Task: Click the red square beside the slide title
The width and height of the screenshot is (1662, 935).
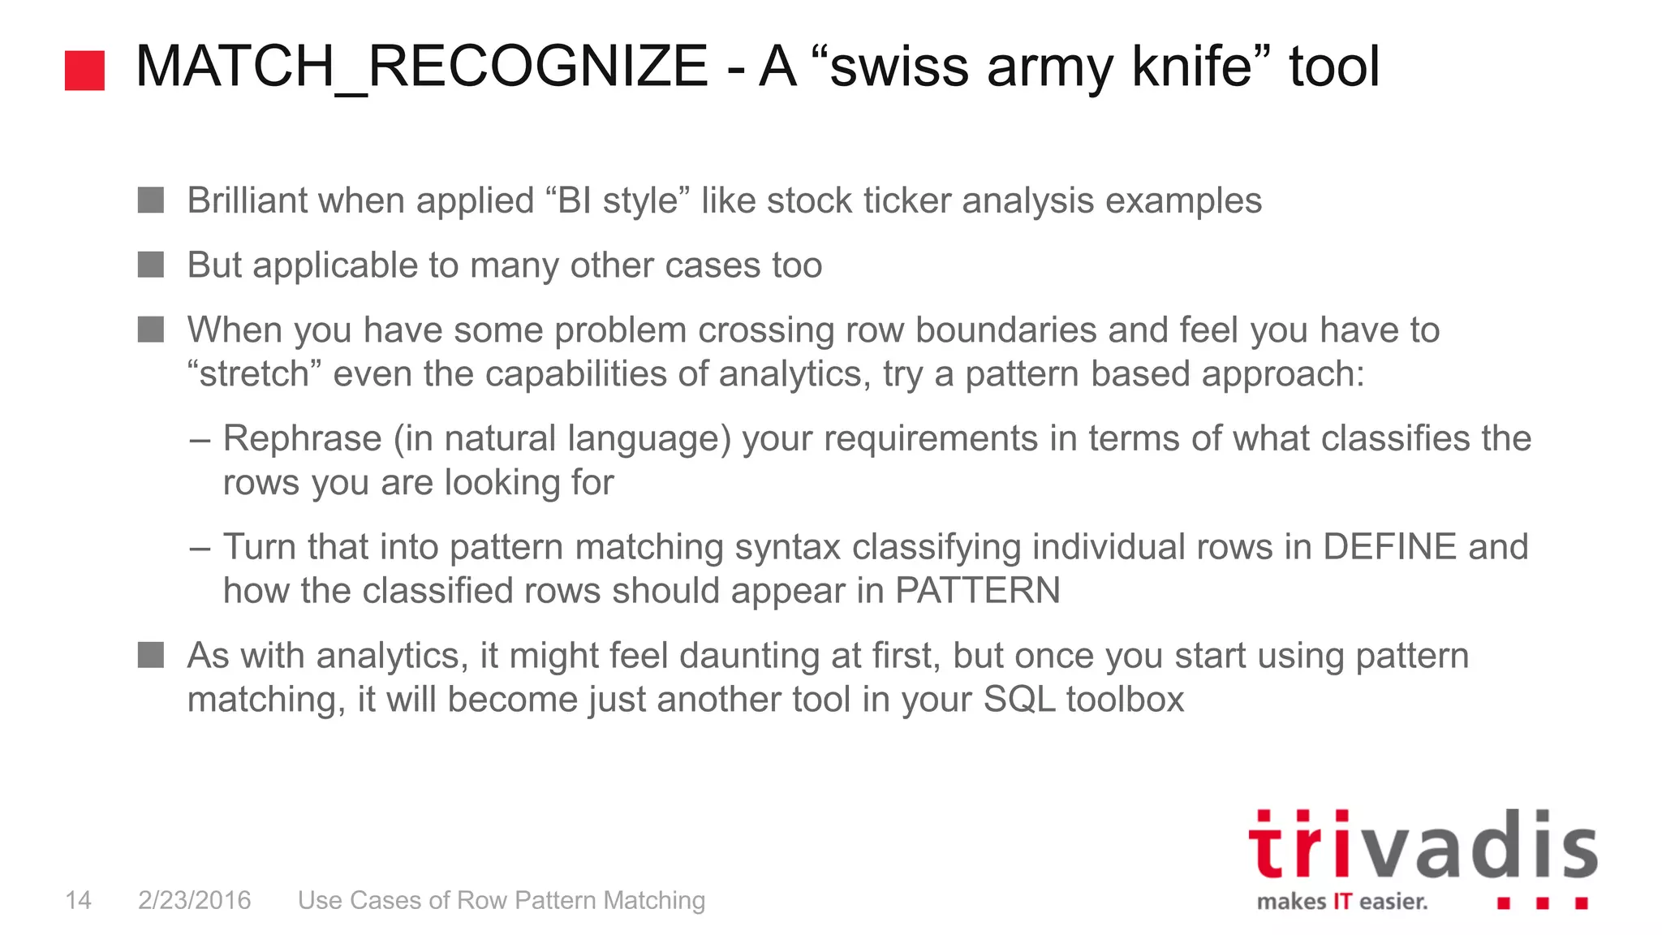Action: [84, 70]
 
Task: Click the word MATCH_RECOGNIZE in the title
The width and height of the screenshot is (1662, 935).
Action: [421, 67]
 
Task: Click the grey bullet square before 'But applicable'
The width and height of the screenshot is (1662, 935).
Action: [151, 265]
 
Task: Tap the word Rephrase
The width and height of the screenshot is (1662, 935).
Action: [302, 439]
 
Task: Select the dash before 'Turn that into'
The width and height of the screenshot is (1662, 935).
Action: [200, 548]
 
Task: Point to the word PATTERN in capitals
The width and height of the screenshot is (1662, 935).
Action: [977, 591]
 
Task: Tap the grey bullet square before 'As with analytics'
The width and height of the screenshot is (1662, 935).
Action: [151, 655]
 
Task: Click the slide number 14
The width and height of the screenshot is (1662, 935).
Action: [78, 900]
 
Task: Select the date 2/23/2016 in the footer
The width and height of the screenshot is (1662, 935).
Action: [195, 900]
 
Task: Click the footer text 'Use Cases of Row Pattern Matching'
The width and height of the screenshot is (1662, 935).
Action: [502, 900]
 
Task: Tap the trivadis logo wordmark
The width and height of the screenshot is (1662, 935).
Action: [1422, 846]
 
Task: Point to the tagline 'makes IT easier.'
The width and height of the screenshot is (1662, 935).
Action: [1341, 902]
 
